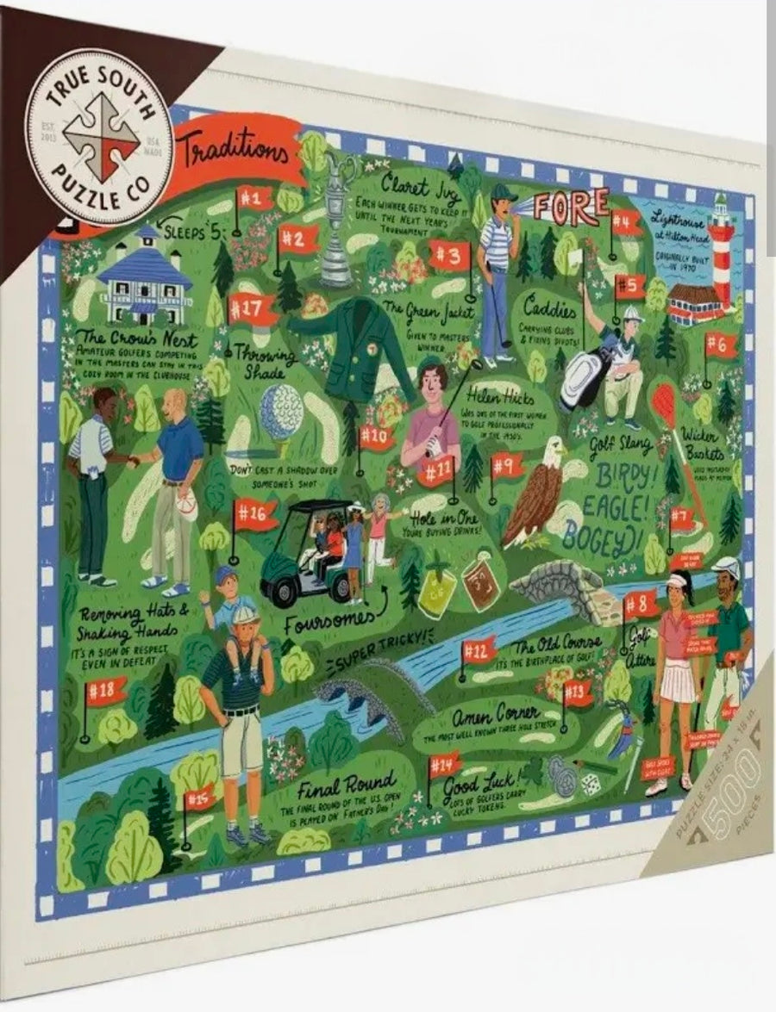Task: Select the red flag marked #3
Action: pos(449,255)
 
